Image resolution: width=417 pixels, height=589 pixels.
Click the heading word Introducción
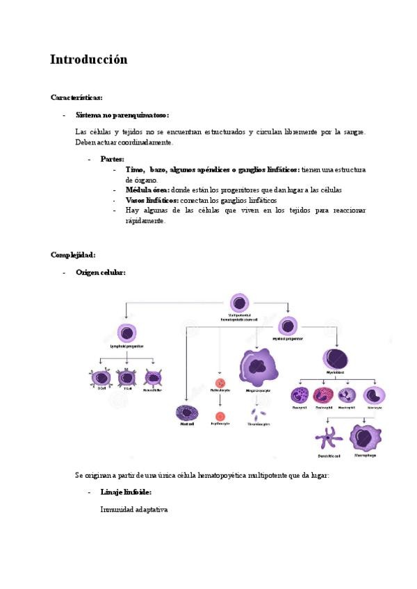88,60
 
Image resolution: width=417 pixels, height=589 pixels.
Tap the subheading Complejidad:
72,254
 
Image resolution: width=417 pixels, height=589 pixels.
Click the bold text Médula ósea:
147,190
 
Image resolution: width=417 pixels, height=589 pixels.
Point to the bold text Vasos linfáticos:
152,200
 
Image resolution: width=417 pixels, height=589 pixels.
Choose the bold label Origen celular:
100,273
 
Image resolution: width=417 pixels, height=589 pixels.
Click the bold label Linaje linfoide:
126,492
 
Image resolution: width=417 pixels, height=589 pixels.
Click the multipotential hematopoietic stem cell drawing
238,304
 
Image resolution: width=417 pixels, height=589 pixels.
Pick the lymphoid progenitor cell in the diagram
126,332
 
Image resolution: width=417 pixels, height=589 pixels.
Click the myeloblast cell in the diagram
336,359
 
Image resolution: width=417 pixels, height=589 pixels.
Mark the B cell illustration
102,379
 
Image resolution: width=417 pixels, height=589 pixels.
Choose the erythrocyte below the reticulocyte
220,414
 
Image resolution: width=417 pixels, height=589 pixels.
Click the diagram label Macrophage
366,456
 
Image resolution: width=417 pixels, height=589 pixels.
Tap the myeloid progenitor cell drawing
288,326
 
